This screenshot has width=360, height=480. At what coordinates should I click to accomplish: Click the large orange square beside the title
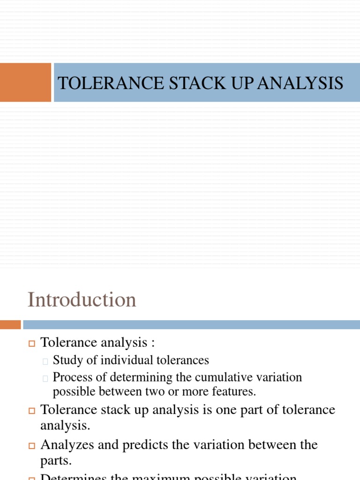pyautogui.click(x=25, y=82)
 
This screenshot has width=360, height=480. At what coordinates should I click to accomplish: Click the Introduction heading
pyautogui.click(x=82, y=300)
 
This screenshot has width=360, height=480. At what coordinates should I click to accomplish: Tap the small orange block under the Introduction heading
pyautogui.click(x=10, y=324)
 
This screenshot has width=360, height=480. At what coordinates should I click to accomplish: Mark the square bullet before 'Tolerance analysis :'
pyautogui.click(x=32, y=344)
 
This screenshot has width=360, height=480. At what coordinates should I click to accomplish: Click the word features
pyautogui.click(x=237, y=391)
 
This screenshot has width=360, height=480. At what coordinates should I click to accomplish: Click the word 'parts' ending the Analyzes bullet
pyautogui.click(x=55, y=460)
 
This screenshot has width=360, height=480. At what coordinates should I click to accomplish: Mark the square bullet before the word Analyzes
pyautogui.click(x=32, y=445)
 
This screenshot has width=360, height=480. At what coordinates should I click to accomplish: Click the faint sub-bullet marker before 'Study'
pyautogui.click(x=45, y=361)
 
